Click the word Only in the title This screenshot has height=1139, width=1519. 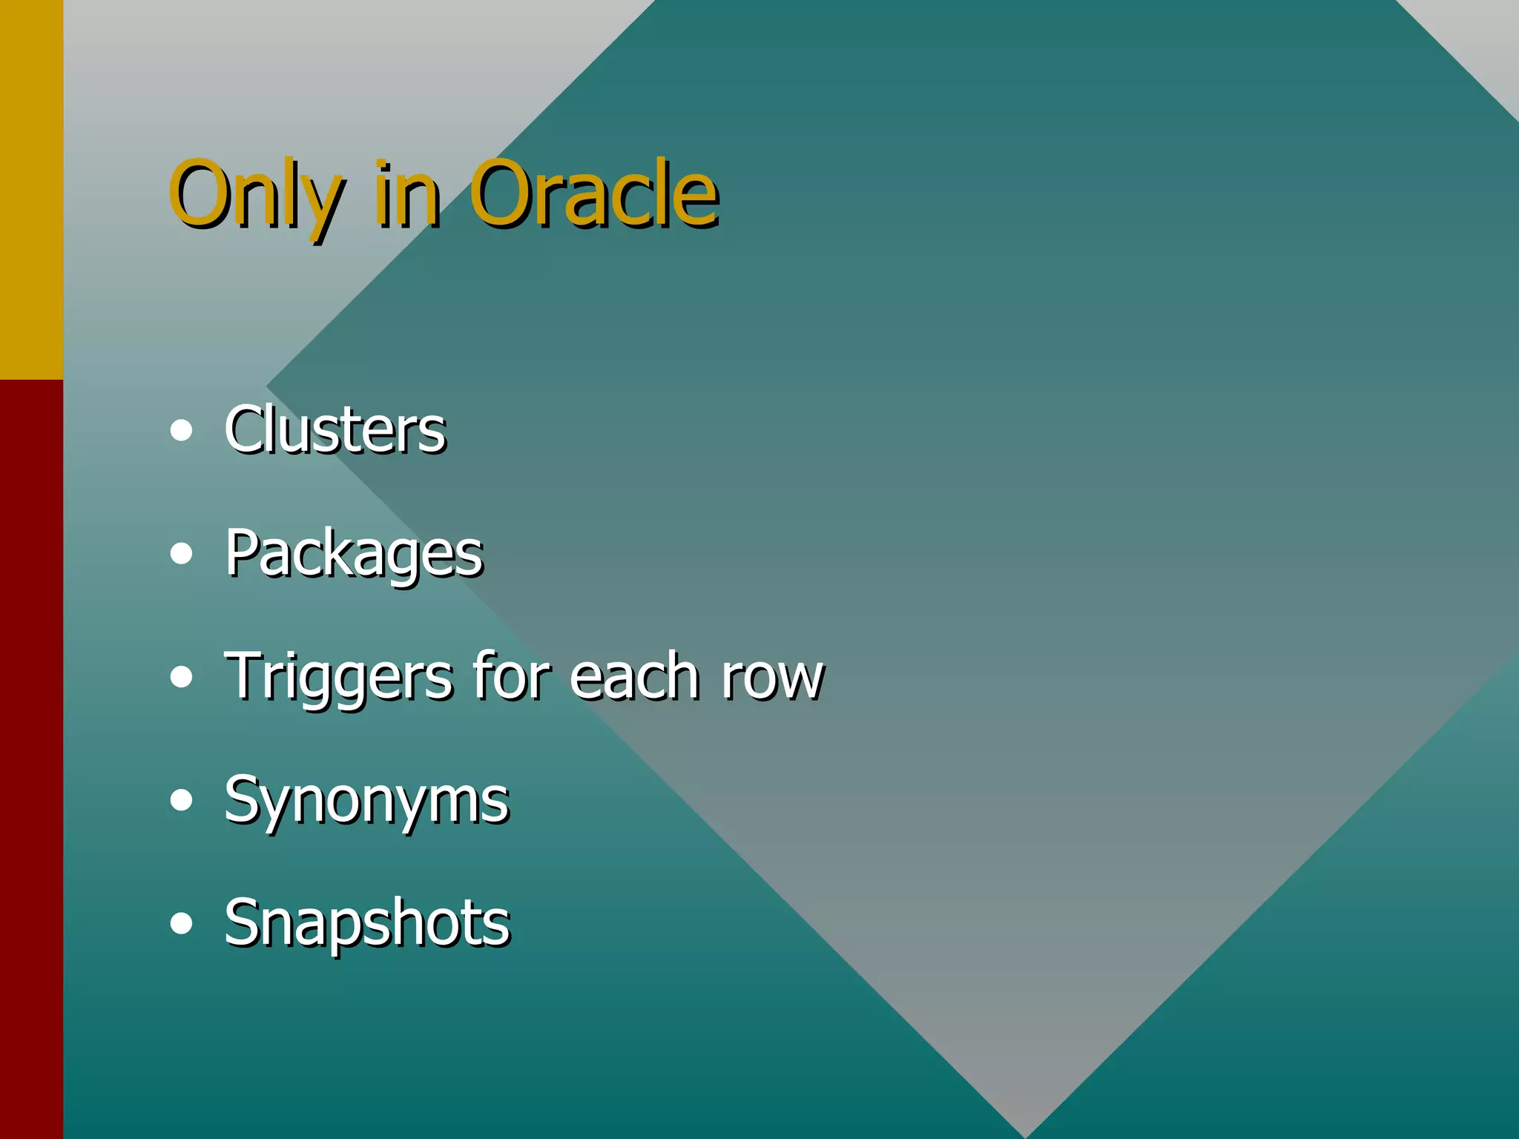pos(256,194)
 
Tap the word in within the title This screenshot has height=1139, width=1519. pos(407,194)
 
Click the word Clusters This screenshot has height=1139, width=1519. pos(335,429)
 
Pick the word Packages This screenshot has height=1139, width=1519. pos(354,554)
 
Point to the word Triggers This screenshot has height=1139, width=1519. pos(338,676)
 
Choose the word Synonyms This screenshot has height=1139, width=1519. pos(366,801)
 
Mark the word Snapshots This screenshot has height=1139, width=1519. pos(367,922)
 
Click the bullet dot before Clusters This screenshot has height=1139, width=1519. pos(181,431)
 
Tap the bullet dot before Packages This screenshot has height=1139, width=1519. pos(181,554)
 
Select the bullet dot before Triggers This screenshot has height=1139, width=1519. pos(181,677)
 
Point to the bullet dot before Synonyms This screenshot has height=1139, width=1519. pos(181,801)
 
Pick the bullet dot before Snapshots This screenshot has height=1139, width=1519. pos(181,924)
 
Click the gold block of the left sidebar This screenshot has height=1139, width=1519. pos(31,189)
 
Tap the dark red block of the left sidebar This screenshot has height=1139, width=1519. pos(31,756)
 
